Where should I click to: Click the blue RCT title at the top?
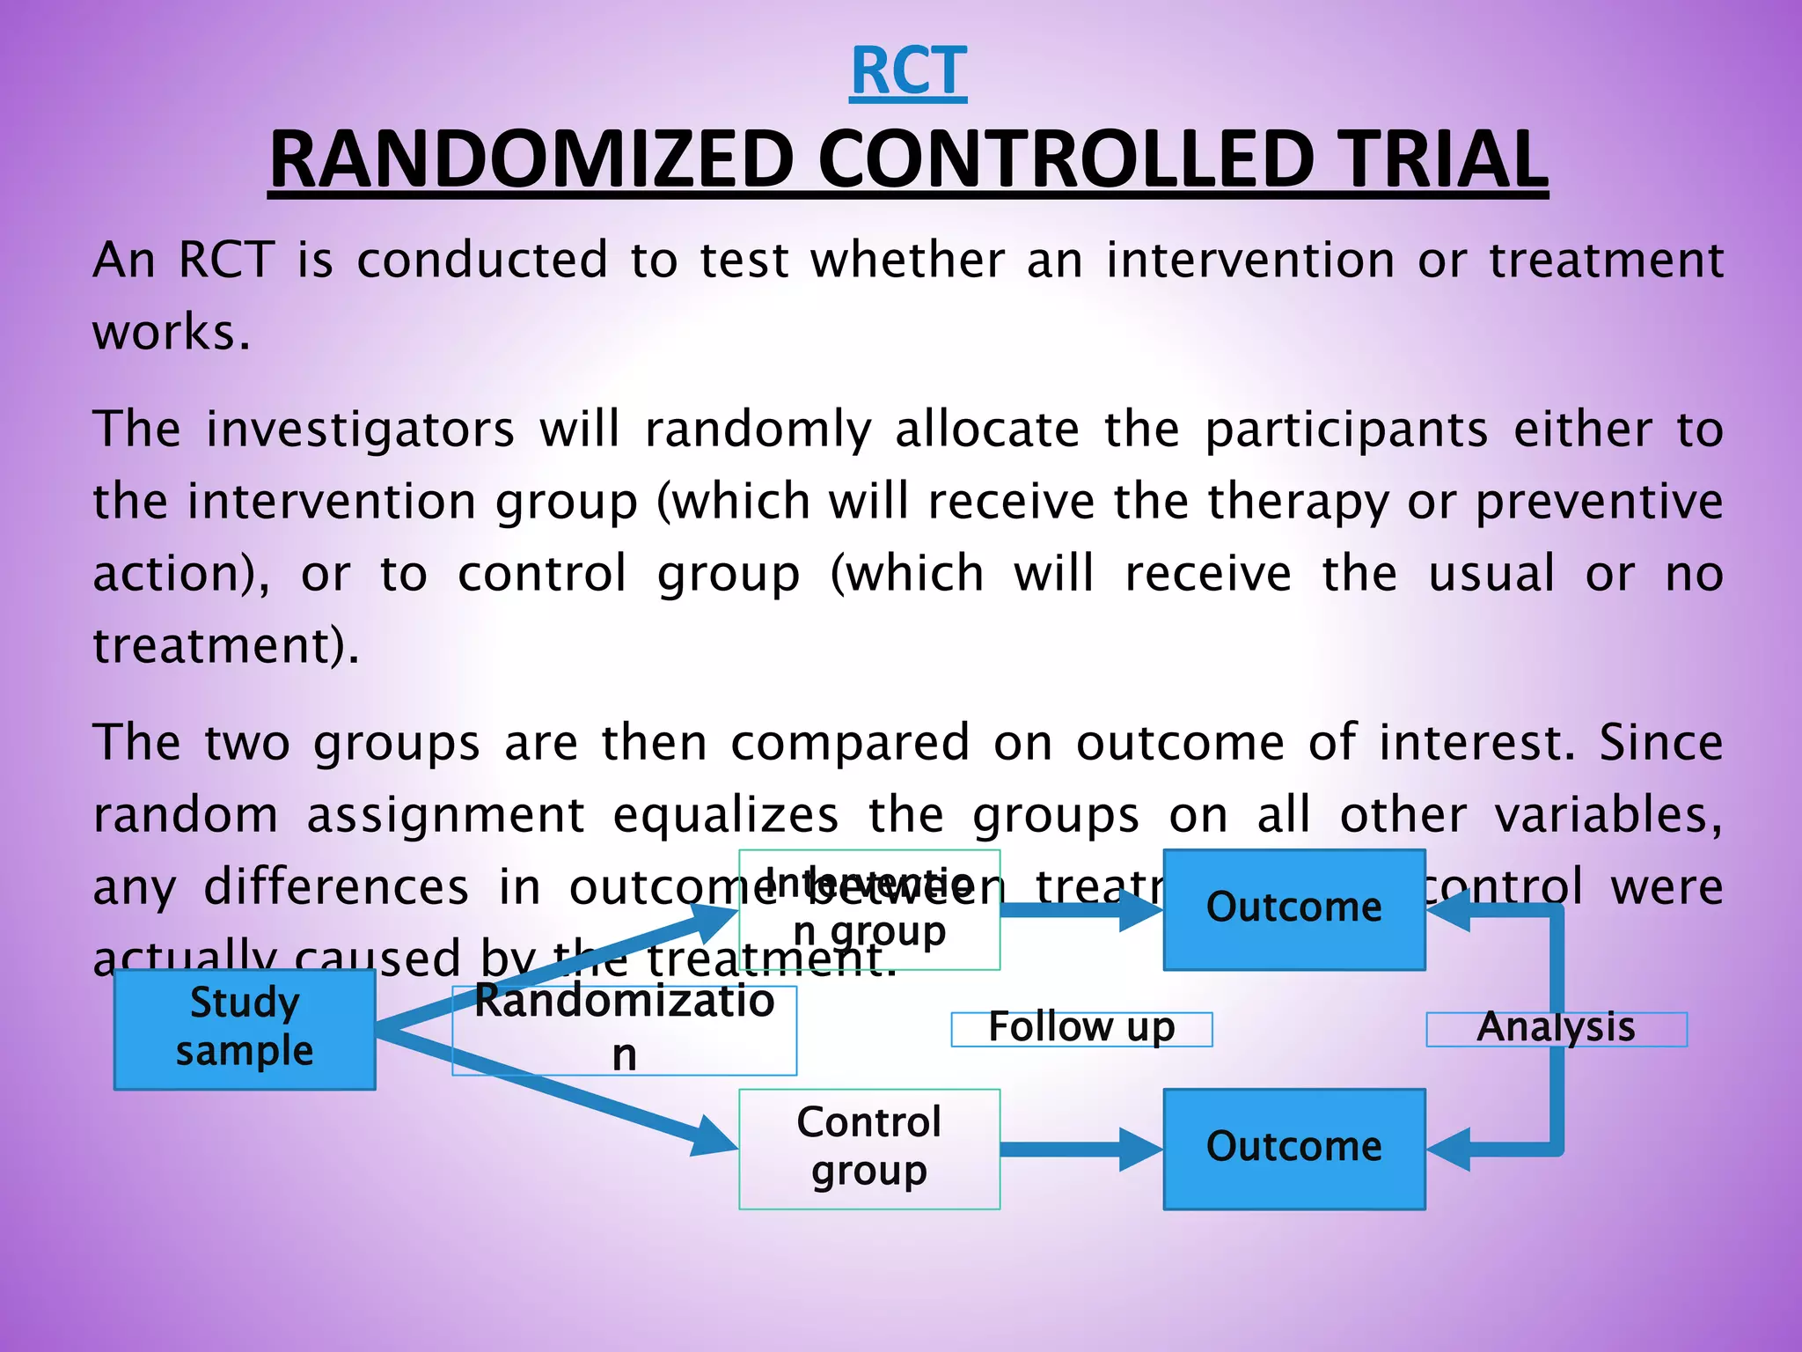coord(908,71)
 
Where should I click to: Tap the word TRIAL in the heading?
coord(1443,159)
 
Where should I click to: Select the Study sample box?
coord(245,1028)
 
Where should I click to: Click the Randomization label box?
coord(624,1029)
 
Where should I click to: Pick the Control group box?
coord(869,1148)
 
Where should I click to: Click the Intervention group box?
coord(869,909)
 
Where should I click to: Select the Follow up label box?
coord(1081,1028)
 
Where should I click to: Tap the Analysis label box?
coord(1556,1028)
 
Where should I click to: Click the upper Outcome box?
coord(1293,908)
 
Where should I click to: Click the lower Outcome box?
coord(1293,1148)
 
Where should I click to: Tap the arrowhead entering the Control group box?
coord(714,1138)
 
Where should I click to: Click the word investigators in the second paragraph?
coord(361,430)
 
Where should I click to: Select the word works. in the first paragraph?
coord(172,334)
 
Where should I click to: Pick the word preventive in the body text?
coord(1599,503)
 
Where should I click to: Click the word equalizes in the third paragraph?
coord(725,815)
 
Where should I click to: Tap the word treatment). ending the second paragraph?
coord(226,646)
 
